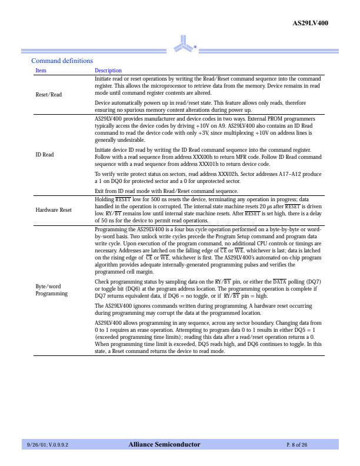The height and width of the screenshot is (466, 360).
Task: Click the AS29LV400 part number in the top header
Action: (310, 23)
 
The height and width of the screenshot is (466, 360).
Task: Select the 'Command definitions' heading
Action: (62, 61)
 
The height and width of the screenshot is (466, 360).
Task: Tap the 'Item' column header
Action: (41, 71)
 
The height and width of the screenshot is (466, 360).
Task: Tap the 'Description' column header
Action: (108, 71)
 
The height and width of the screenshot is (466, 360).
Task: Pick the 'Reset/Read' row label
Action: (48, 94)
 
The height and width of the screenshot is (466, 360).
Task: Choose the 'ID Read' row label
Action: (45, 155)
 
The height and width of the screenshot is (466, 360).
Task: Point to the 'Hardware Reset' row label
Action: (54, 209)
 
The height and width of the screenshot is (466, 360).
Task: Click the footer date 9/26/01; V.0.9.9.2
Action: (48, 445)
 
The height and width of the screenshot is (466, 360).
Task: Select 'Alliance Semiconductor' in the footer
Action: (164, 445)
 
